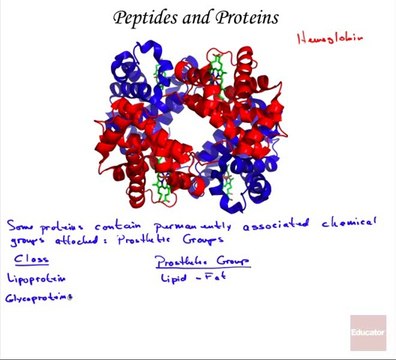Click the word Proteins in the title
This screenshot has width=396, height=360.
[247, 17]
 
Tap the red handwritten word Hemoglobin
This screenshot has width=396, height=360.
[329, 38]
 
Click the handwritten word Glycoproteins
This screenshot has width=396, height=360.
[39, 298]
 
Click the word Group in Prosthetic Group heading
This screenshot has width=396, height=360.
[230, 261]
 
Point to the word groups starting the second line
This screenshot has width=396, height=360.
[27, 241]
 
